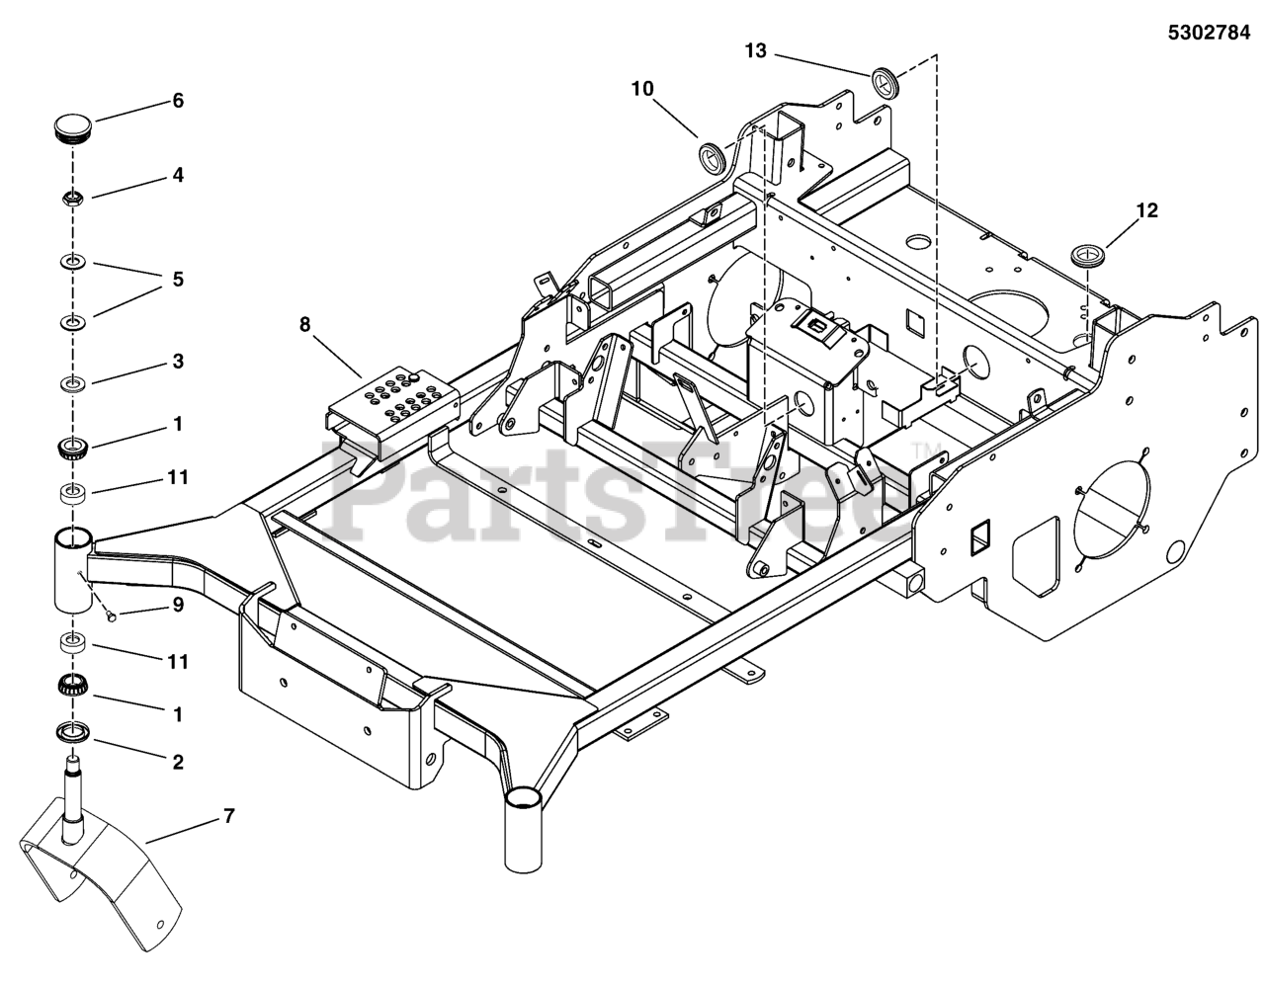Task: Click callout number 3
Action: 178,362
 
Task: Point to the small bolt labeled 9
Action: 111,617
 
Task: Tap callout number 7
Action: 228,816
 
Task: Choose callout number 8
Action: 303,322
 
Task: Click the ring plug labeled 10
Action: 712,155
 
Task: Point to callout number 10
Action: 641,89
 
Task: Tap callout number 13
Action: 755,51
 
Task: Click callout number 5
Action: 178,280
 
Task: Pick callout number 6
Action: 178,101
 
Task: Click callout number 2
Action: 178,762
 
